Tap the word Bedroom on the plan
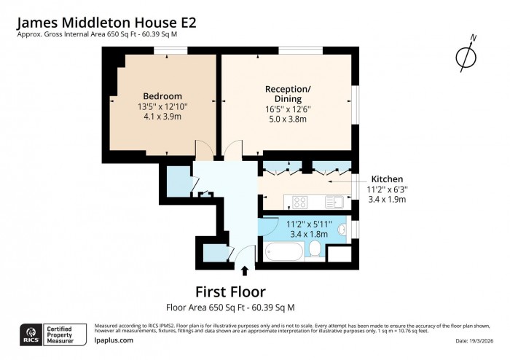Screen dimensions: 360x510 [x=162, y=96]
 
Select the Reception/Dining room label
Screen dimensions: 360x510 [x=288, y=94]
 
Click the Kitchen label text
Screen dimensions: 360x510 [x=387, y=179]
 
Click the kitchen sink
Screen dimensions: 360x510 [x=337, y=200]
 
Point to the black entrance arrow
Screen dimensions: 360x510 [x=244, y=272]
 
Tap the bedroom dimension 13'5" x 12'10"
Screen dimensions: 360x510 [x=162, y=106]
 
